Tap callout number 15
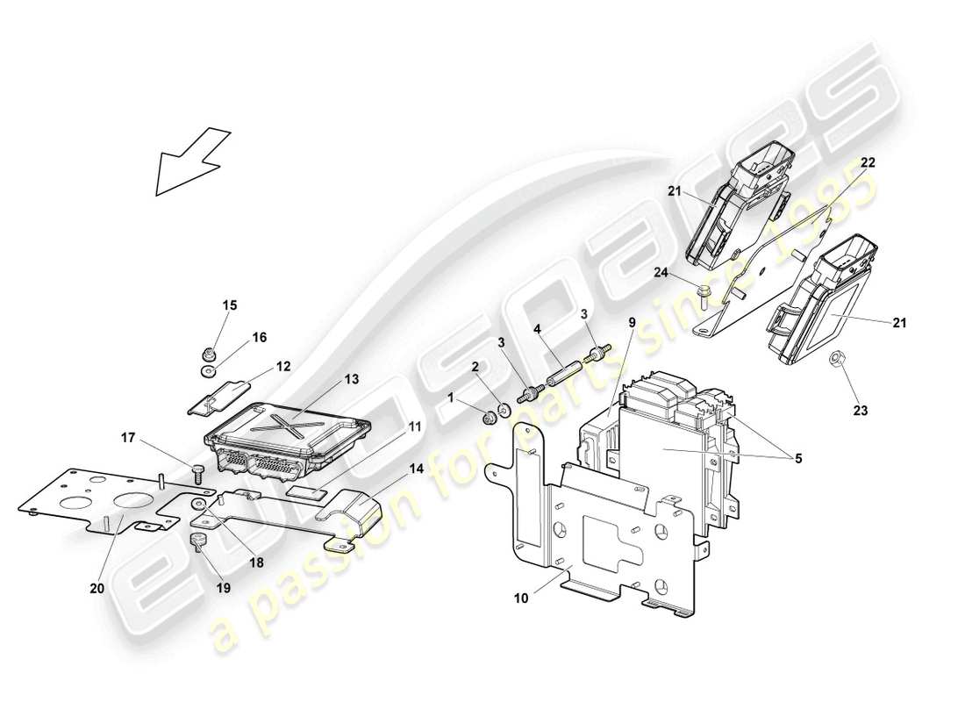coord(229,305)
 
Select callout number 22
coord(867,163)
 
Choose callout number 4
coord(536,331)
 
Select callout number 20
coord(97,589)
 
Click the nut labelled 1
coord(489,416)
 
